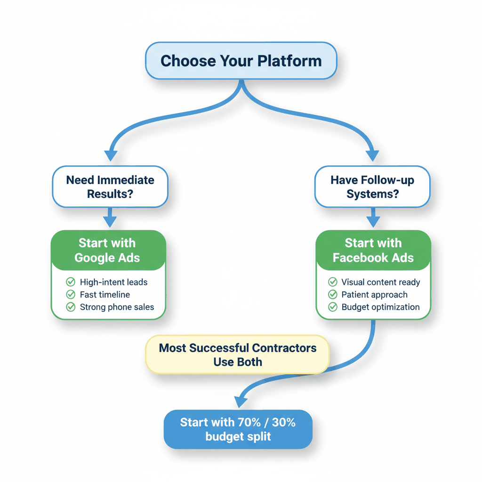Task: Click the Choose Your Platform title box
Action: point(241,61)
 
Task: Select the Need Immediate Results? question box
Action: point(110,187)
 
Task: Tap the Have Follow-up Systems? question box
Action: point(372,187)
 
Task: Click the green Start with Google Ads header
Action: point(108,250)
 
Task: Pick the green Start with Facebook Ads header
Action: point(373,250)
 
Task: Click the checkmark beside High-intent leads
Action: point(71,282)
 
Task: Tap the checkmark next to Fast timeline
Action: point(71,295)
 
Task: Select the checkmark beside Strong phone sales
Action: point(71,307)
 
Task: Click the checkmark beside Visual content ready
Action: point(333,282)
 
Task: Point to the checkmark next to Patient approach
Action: point(333,295)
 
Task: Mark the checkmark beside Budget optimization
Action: point(333,307)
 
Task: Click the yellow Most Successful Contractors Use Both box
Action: point(238,355)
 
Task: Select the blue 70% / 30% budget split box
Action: point(238,429)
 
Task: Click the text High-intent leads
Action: point(113,282)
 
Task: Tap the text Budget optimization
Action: point(380,307)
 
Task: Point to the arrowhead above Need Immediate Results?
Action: point(111,155)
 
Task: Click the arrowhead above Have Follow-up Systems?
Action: point(372,155)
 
